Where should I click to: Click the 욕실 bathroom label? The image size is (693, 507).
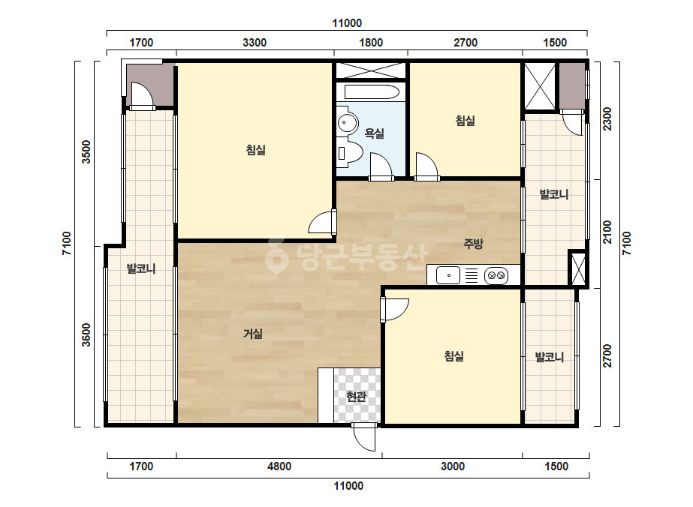374,133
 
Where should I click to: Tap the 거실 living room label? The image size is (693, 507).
253,334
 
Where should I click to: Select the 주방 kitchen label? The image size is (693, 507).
473,243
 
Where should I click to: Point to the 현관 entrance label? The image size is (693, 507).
356,397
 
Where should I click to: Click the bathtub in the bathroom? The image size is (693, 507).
372,91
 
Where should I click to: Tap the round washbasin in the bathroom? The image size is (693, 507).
348,123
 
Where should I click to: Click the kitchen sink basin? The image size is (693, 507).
448,275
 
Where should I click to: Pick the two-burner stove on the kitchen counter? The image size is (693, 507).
496,275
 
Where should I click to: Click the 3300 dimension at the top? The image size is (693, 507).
255,43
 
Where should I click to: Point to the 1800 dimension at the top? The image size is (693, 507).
371,43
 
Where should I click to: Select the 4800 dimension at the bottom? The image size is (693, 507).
279,466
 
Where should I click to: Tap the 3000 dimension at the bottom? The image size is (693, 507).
453,466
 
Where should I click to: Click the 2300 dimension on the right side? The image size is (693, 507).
607,118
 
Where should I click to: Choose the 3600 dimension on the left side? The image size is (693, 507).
86,334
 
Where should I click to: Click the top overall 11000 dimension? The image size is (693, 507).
347,23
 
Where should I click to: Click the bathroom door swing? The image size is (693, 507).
381,167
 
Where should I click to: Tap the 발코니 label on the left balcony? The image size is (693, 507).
141,268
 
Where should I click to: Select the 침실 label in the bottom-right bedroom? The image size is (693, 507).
454,356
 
